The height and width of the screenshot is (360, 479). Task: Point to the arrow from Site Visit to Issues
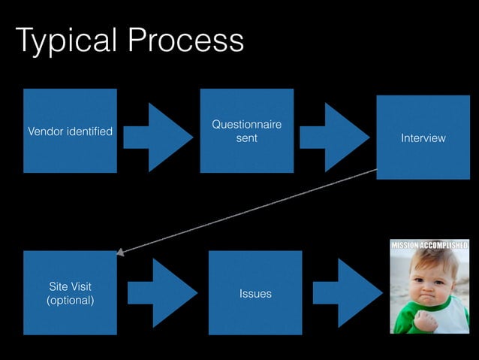coord(162,293)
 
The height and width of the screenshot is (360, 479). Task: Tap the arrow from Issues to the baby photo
coord(348,293)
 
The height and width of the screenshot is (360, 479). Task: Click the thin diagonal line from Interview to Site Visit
coord(248,211)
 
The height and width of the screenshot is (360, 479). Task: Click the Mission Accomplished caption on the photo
coord(429,244)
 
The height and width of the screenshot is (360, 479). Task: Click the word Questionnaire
coord(246,125)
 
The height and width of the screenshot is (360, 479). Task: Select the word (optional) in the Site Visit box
coord(71,301)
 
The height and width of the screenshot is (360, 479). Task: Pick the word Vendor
coord(44,132)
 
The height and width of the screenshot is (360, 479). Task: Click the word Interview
coord(423,138)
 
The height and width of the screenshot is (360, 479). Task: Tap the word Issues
coord(255,294)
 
